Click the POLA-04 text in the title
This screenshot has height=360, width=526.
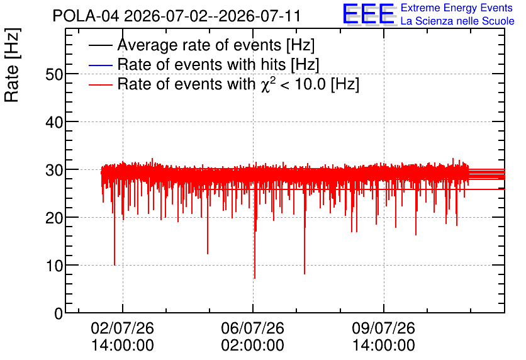tap(86, 16)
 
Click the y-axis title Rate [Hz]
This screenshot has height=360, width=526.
tap(12, 65)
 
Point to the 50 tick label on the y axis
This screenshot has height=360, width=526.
tap(54, 74)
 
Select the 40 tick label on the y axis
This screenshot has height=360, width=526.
tap(54, 122)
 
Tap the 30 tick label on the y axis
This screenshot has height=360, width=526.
tap(54, 170)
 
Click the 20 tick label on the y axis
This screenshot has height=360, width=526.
tap(54, 218)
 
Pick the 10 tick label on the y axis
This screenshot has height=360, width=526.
tap(54, 266)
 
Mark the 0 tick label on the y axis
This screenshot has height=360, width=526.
tap(59, 313)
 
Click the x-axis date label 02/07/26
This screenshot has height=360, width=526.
tap(123, 328)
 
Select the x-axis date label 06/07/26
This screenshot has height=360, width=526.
tap(252, 328)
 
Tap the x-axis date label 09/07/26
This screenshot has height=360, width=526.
tap(383, 328)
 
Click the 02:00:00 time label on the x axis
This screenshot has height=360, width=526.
tap(252, 346)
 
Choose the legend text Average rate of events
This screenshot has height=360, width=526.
tap(199, 45)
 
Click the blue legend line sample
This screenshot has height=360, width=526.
tap(100, 65)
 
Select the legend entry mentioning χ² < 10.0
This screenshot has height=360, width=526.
tap(238, 84)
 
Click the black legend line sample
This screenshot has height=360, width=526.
tap(100, 45)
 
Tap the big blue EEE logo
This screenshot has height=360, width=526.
tap(369, 14)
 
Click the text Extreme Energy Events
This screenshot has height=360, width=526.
tap(457, 8)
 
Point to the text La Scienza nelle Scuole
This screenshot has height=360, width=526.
tap(457, 21)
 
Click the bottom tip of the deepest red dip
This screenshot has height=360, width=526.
tap(255, 278)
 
